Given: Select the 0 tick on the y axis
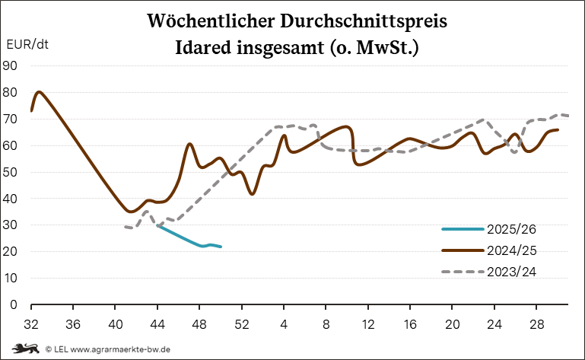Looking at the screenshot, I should [14, 304].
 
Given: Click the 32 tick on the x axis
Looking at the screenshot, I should [31, 322].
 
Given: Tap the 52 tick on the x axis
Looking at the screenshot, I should [241, 322].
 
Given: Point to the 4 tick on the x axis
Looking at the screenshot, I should [283, 322].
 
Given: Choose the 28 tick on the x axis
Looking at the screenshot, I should [535, 322].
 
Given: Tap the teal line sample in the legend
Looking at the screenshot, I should [463, 228].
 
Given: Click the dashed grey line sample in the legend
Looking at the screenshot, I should [463, 271].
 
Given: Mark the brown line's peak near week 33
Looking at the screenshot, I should [40, 92].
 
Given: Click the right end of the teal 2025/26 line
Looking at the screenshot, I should [221, 247].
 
